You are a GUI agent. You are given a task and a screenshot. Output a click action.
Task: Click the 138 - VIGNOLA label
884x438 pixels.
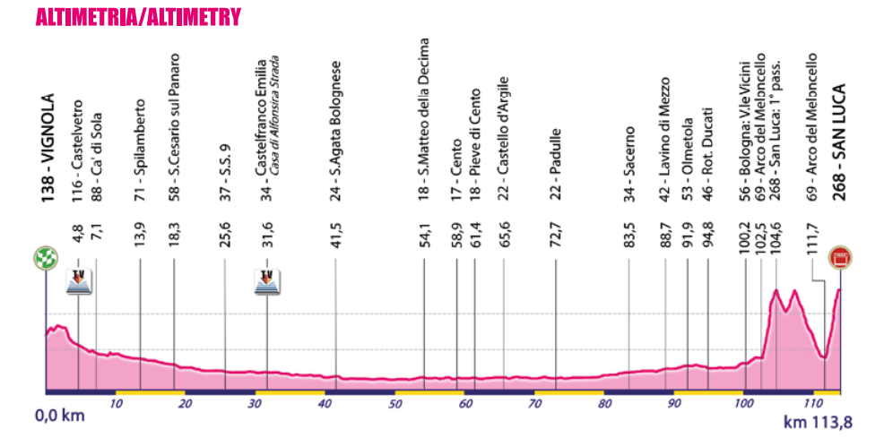click(48, 148)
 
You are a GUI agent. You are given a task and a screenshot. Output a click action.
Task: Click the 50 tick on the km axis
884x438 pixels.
click(394, 404)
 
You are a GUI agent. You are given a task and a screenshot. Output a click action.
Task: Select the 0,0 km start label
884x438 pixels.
click(61, 417)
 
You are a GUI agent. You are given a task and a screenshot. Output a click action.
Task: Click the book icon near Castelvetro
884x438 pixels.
click(79, 282)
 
